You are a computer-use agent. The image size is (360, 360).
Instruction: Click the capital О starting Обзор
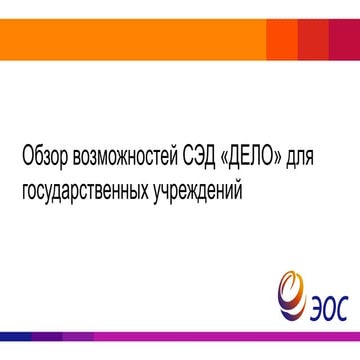click(26, 160)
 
